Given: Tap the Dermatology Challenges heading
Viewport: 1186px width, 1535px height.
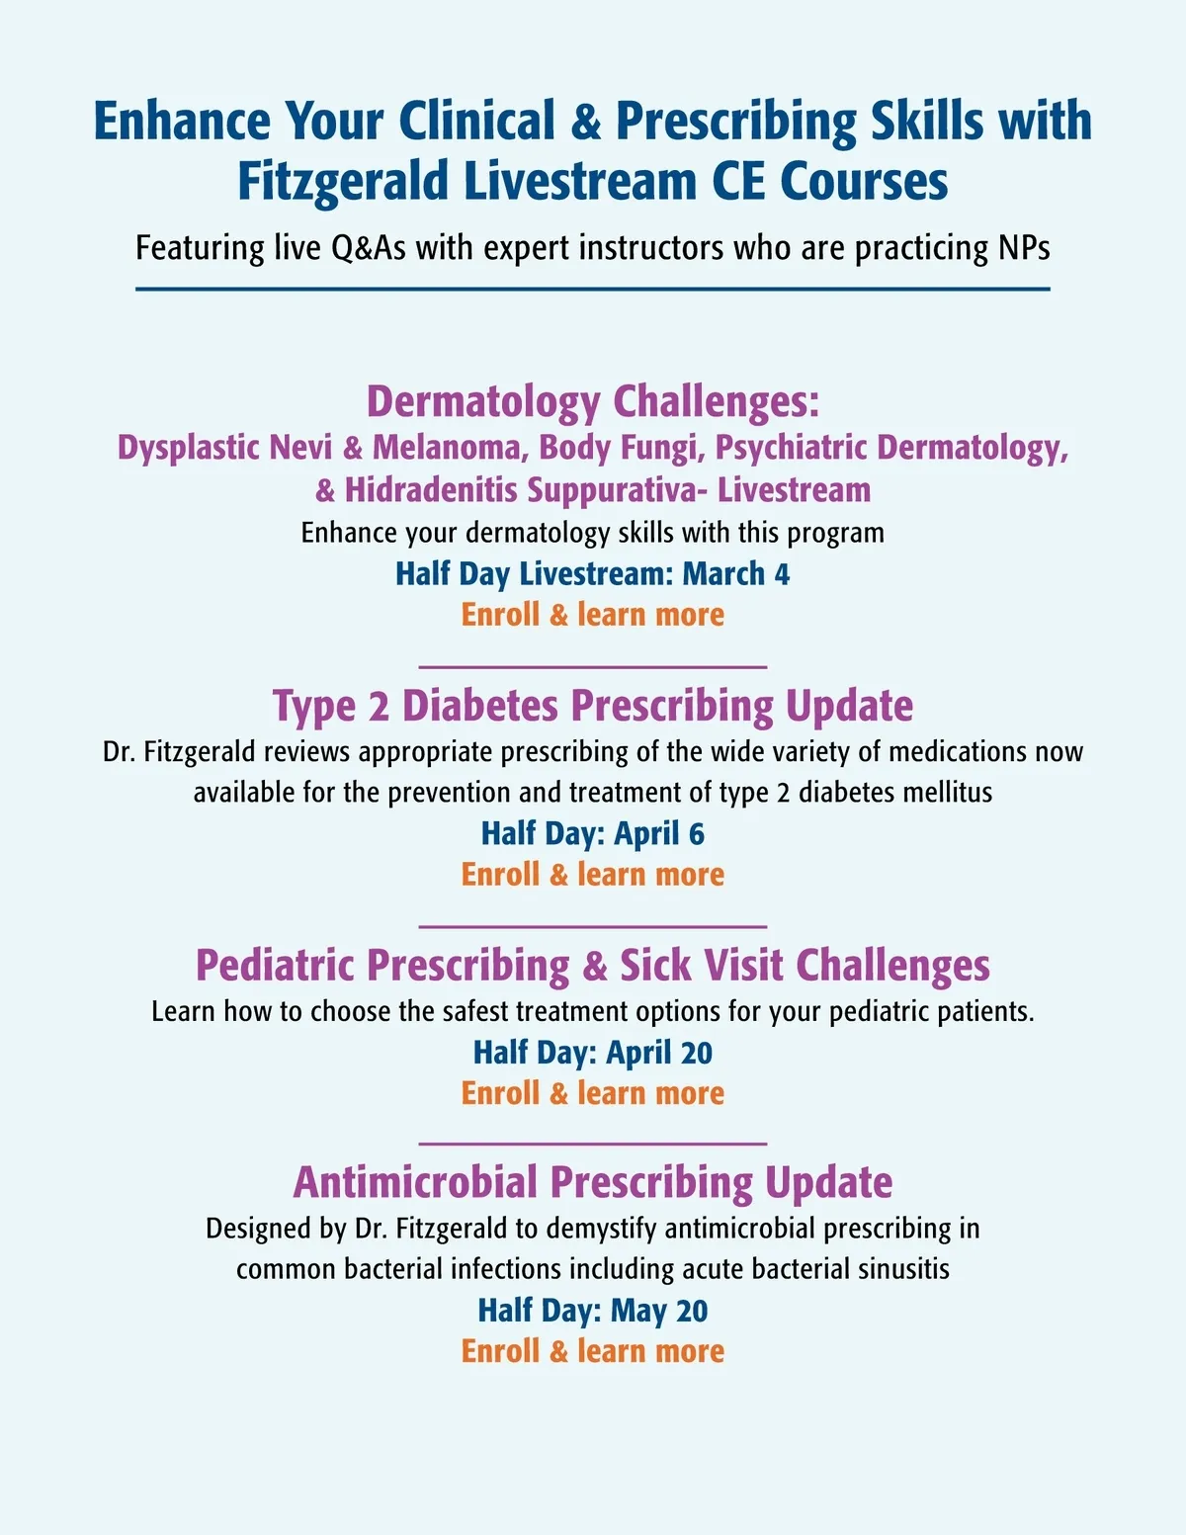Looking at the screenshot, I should click(593, 401).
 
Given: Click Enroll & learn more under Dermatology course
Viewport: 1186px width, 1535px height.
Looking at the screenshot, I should click(593, 615).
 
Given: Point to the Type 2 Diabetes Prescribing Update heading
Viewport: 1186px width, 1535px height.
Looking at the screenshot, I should click(593, 706).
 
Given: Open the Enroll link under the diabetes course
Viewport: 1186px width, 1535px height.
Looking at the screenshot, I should click(593, 875).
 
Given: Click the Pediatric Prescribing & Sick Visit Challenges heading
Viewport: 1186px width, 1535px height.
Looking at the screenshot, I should click(593, 966).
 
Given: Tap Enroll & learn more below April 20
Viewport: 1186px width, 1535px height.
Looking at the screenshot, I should click(593, 1093).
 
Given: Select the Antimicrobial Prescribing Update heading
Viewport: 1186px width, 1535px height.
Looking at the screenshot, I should click(593, 1182).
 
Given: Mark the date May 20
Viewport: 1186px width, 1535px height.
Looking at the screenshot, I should click(658, 1311).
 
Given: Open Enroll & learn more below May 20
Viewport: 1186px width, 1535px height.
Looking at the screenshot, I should click(593, 1351).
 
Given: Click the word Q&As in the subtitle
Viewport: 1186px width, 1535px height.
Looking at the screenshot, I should click(368, 247).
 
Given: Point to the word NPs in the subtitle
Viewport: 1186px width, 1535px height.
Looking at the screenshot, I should click(1022, 247).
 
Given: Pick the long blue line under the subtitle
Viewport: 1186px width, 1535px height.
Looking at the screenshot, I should click(593, 290).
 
